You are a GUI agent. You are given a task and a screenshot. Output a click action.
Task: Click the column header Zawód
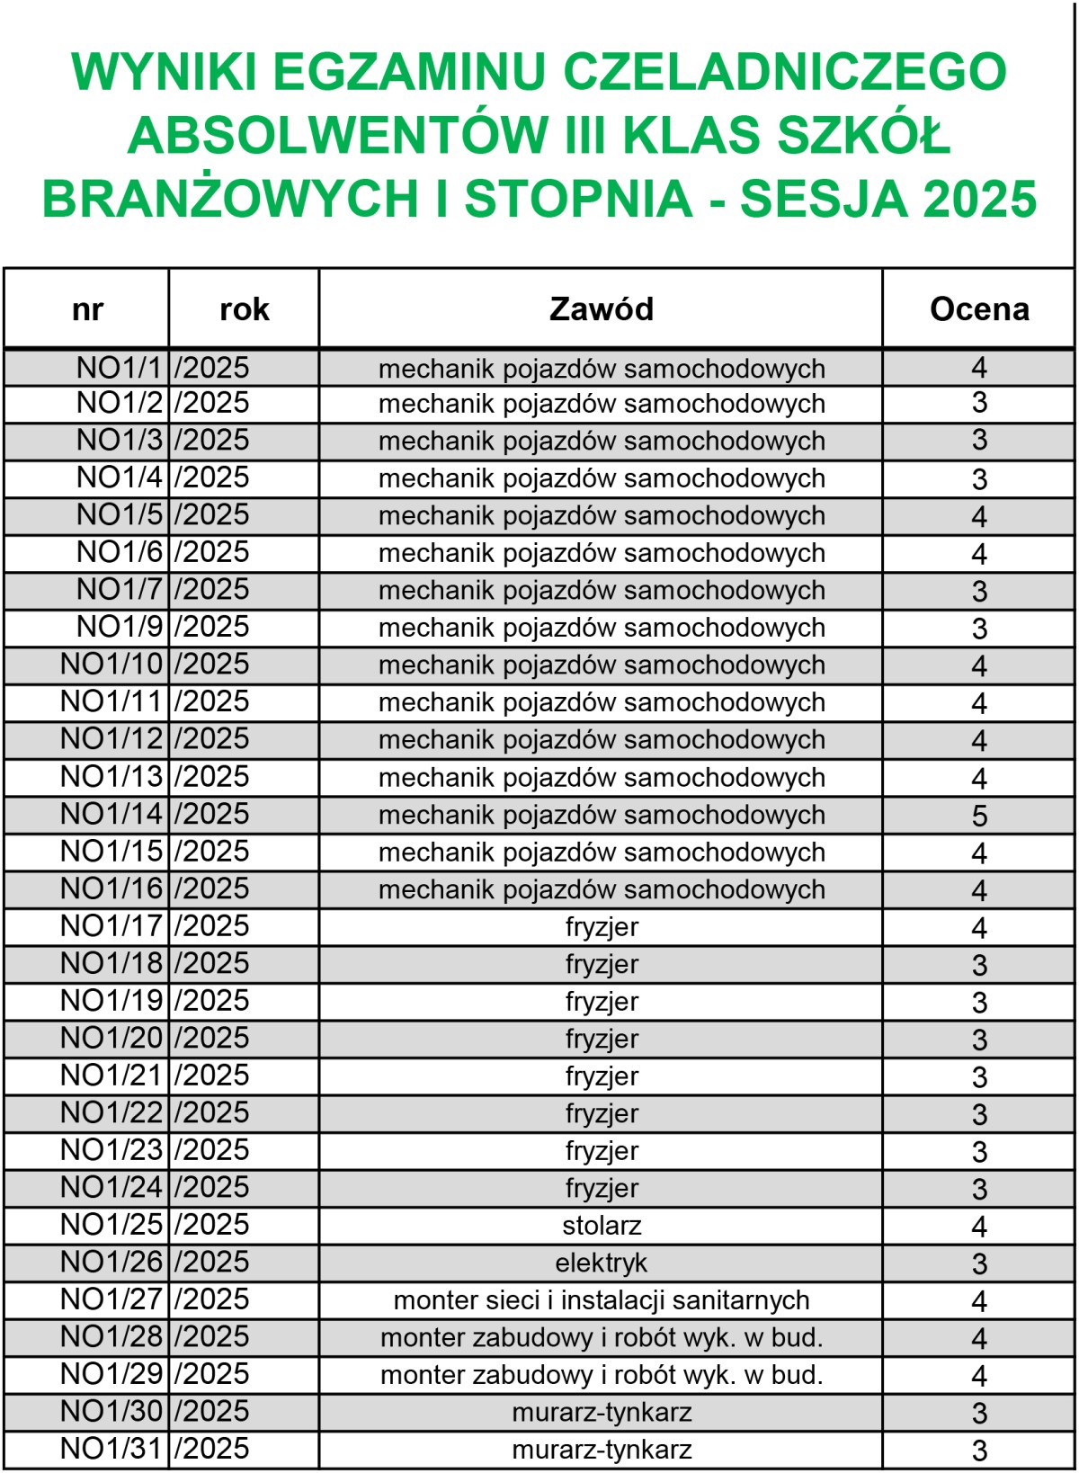point(601,308)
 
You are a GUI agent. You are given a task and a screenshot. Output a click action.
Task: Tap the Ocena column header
point(978,308)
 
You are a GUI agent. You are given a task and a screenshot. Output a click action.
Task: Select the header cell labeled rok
point(244,308)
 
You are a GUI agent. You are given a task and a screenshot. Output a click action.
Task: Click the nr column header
point(87,308)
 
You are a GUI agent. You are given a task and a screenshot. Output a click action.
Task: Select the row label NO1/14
point(111,814)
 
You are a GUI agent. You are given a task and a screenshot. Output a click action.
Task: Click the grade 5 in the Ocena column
point(979,816)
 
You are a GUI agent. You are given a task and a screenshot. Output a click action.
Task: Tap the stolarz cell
point(601,1225)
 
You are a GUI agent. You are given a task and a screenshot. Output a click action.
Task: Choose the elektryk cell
point(601,1263)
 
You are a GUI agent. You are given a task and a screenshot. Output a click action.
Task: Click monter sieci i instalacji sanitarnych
point(601,1300)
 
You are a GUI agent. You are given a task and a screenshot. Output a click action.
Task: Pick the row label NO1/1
point(119,368)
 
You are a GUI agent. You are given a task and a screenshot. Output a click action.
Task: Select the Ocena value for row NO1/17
point(979,927)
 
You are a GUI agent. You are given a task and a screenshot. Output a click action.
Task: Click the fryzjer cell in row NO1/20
point(601,1039)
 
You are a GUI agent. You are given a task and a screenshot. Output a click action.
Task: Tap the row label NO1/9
point(119,627)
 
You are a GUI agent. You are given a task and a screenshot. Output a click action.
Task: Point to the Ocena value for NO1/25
point(979,1226)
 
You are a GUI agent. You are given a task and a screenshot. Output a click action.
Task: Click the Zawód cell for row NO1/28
point(601,1338)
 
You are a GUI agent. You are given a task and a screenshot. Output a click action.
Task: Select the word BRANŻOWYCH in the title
point(230,199)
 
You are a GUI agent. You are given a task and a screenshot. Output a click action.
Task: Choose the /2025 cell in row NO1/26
point(212,1262)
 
